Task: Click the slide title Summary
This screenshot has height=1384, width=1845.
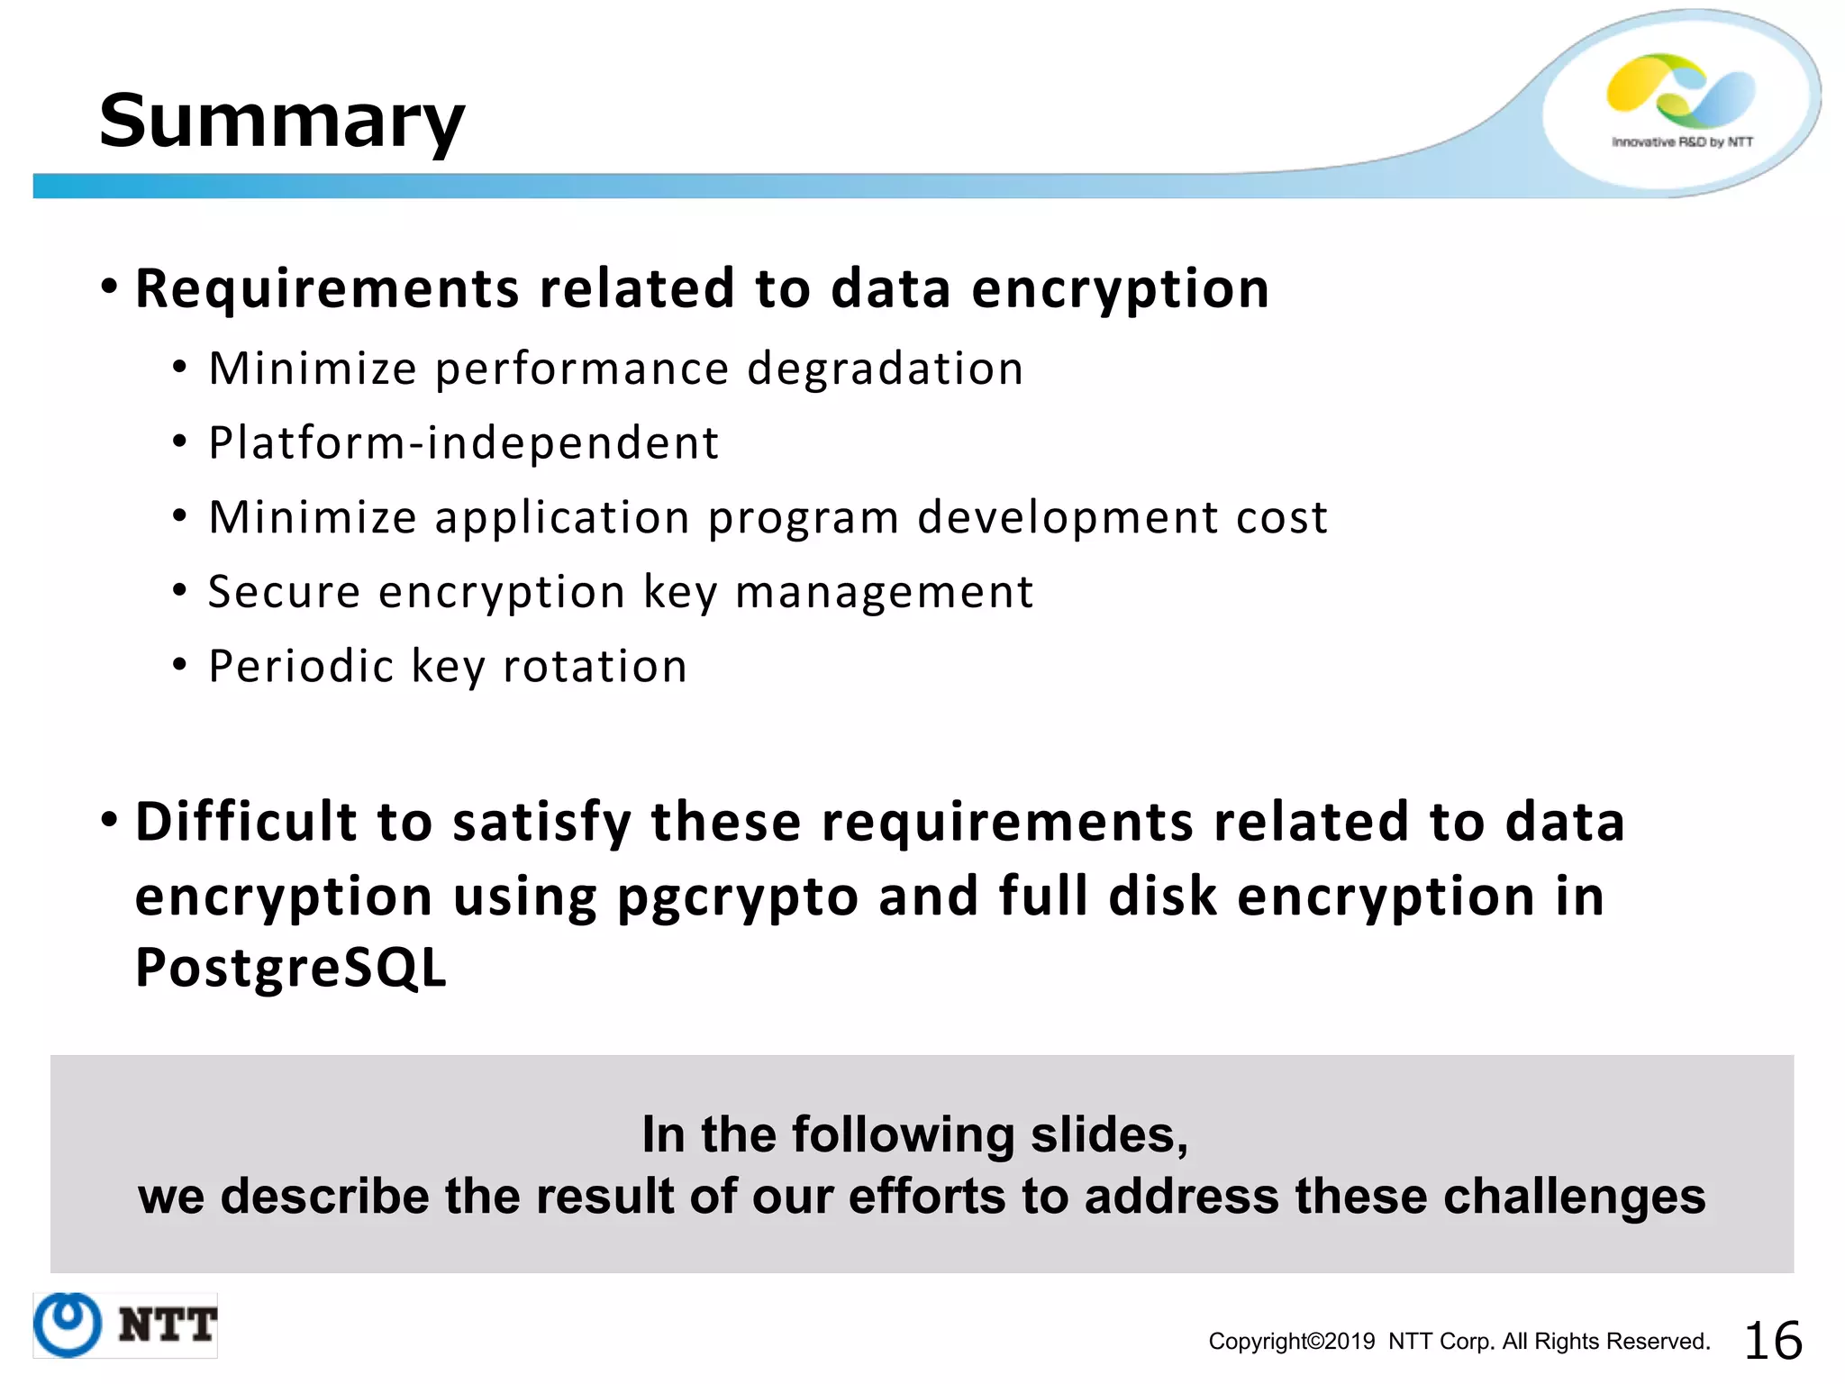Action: pyautogui.click(x=281, y=122)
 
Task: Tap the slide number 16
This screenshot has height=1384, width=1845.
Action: pyautogui.click(x=1773, y=1340)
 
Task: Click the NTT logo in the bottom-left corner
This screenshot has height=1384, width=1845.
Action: pyautogui.click(x=125, y=1325)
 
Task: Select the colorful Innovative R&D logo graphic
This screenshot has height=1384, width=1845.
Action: pyautogui.click(x=1681, y=91)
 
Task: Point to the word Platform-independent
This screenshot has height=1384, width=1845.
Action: pyautogui.click(x=464, y=443)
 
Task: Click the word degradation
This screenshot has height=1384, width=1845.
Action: pyautogui.click(x=886, y=369)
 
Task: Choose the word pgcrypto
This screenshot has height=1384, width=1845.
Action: pyautogui.click(x=738, y=897)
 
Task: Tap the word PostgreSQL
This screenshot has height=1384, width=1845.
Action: pyautogui.click(x=290, y=969)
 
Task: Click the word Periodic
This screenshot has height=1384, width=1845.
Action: pyautogui.click(x=301, y=667)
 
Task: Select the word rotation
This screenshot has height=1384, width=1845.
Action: pyautogui.click(x=595, y=667)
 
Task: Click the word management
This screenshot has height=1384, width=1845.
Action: pyautogui.click(x=884, y=594)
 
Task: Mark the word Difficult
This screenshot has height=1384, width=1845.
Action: pyautogui.click(x=248, y=822)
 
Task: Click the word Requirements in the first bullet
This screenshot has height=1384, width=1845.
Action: pyautogui.click(x=327, y=289)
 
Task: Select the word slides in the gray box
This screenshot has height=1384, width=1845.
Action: pyautogui.click(x=1108, y=1134)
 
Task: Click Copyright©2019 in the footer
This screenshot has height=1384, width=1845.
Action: pyautogui.click(x=1291, y=1342)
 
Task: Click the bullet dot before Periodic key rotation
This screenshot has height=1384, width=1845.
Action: pyautogui.click(x=180, y=665)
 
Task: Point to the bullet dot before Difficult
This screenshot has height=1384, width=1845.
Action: pyautogui.click(x=109, y=820)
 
